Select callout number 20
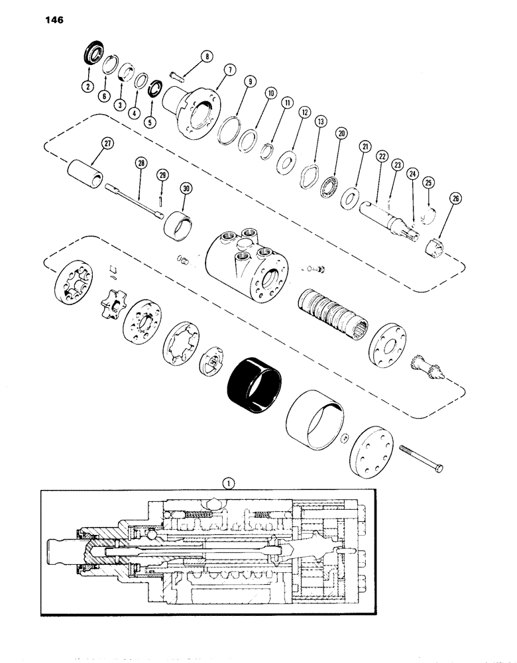[341, 133]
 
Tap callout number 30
[186, 188]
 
